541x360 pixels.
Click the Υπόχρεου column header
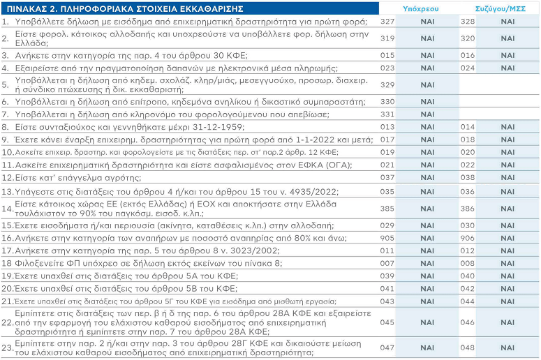tap(421, 9)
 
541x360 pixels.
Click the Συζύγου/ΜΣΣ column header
tap(501, 9)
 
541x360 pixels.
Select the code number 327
tap(387, 22)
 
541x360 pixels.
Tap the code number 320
tap(468, 38)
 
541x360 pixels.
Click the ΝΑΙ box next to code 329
tap(427, 85)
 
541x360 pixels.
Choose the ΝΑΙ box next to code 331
tap(427, 114)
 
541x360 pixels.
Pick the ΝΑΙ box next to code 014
tap(507, 127)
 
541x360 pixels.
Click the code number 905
tap(387, 238)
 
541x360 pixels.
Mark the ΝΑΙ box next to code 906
tap(507, 238)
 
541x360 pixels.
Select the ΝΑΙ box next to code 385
tap(427, 209)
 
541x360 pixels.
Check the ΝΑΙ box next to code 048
tap(507, 347)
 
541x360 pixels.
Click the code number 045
tap(387, 322)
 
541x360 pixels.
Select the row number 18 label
tap(6, 264)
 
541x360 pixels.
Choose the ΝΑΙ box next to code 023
tap(427, 68)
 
